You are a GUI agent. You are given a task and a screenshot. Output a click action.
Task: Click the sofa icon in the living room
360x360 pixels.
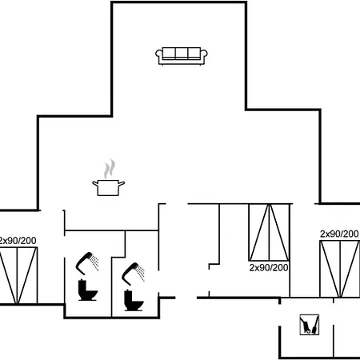182,56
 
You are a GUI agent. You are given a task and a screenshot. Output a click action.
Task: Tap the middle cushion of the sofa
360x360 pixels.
182,54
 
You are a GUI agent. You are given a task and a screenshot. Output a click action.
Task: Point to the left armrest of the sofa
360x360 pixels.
159,55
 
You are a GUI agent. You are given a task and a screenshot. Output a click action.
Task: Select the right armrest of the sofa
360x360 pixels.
204,55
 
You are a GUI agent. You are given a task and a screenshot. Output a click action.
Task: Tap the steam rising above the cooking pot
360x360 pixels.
110,169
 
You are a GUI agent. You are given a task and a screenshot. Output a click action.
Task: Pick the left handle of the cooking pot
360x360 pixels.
95,183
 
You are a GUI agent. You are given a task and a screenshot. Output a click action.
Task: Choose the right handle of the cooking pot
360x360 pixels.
122,183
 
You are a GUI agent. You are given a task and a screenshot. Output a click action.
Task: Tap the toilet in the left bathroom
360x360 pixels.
87,290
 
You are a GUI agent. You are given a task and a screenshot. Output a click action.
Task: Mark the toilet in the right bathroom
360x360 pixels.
134,300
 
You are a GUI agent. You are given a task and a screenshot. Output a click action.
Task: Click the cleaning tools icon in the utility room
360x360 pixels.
310,325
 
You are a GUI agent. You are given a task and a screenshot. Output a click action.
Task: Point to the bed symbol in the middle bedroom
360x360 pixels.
269,232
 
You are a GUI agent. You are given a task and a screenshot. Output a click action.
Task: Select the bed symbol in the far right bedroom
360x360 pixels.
340,269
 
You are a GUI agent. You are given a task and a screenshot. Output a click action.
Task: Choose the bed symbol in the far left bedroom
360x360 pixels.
18,275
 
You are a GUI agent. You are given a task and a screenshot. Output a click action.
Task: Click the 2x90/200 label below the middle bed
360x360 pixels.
269,267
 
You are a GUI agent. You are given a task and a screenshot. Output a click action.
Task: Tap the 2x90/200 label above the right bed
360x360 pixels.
339,234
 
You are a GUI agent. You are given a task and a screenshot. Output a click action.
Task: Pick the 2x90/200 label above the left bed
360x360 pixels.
18,241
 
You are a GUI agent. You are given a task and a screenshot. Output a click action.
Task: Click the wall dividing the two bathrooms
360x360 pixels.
111,287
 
